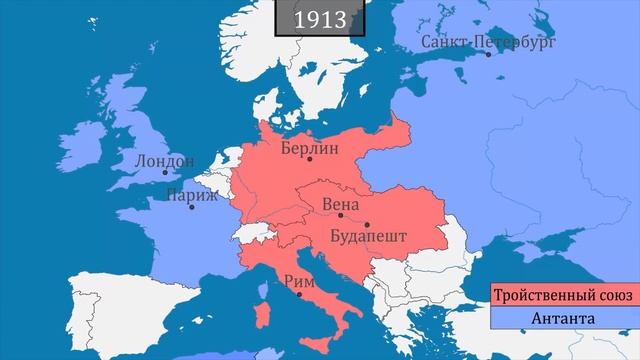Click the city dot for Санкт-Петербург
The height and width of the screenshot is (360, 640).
[x=490, y=55]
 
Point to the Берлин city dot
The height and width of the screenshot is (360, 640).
[x=311, y=159]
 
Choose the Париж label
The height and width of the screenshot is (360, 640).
[x=191, y=193]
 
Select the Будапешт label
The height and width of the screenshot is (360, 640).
[x=367, y=237]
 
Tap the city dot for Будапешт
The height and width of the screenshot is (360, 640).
[x=367, y=224]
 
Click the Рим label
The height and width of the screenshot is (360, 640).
[x=299, y=281]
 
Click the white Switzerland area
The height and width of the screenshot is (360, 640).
[x=250, y=232]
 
